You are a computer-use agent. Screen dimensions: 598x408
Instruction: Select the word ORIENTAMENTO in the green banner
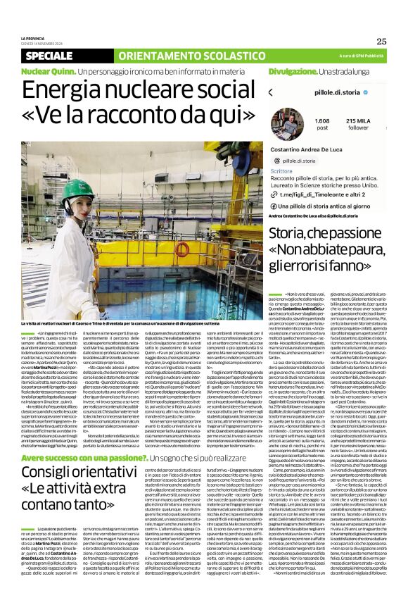click(x=151, y=56)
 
